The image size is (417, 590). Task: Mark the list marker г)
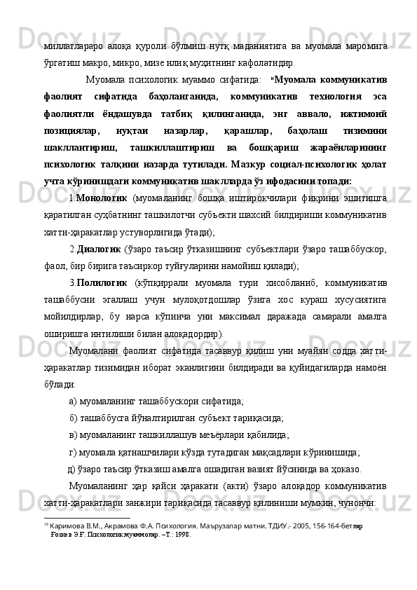point(74,453)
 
